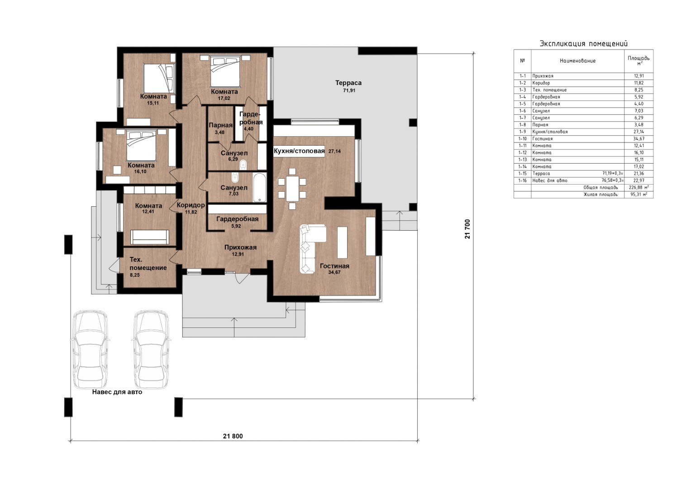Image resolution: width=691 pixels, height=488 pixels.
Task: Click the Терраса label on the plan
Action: tap(348, 83)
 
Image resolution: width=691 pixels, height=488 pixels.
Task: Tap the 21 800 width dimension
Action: tap(233, 436)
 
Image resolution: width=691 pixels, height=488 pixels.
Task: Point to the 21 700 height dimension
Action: tap(467, 229)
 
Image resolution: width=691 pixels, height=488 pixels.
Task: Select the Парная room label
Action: tap(220, 125)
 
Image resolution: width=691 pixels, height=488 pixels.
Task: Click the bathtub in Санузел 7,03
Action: tap(259, 187)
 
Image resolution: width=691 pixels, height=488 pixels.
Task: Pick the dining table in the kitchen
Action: tap(292, 188)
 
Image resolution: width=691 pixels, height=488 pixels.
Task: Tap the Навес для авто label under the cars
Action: tap(117, 392)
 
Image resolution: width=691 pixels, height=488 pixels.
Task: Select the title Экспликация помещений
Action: tap(584, 44)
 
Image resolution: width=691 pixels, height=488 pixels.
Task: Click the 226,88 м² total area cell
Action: tap(639, 187)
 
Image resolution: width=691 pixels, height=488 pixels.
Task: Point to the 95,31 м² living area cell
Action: tap(639, 194)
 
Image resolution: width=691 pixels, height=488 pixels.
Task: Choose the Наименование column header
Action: tap(577, 61)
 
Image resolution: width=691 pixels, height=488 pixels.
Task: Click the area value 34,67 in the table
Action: tap(639, 139)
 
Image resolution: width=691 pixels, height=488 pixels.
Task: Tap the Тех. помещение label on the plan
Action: tap(148, 264)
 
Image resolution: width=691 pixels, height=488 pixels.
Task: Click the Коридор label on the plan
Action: tap(191, 205)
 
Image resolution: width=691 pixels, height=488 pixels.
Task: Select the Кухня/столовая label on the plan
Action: tap(299, 151)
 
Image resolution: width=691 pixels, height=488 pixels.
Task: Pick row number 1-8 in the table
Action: tap(523, 125)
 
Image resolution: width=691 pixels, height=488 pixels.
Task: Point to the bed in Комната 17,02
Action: tap(225, 71)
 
